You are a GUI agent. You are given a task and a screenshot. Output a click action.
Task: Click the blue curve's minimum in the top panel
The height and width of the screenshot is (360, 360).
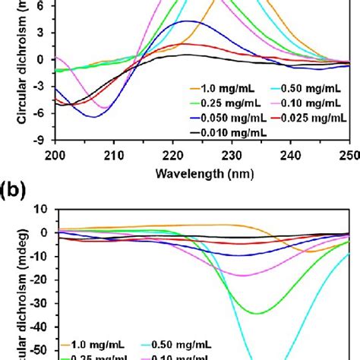pos(94,117)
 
